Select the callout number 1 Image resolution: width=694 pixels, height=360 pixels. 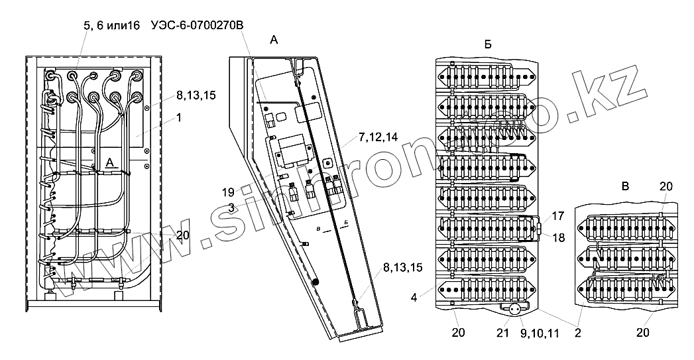[x=179, y=117]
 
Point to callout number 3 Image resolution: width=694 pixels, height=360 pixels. [x=231, y=208]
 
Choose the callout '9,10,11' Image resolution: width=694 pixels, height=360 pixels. [x=539, y=331]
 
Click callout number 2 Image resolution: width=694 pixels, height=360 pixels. [x=577, y=331]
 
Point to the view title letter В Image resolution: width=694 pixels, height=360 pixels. [x=624, y=188]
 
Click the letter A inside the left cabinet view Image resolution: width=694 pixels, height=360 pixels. [x=110, y=162]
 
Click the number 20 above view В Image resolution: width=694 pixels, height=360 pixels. [x=665, y=186]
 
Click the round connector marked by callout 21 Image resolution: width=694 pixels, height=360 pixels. [x=513, y=309]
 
